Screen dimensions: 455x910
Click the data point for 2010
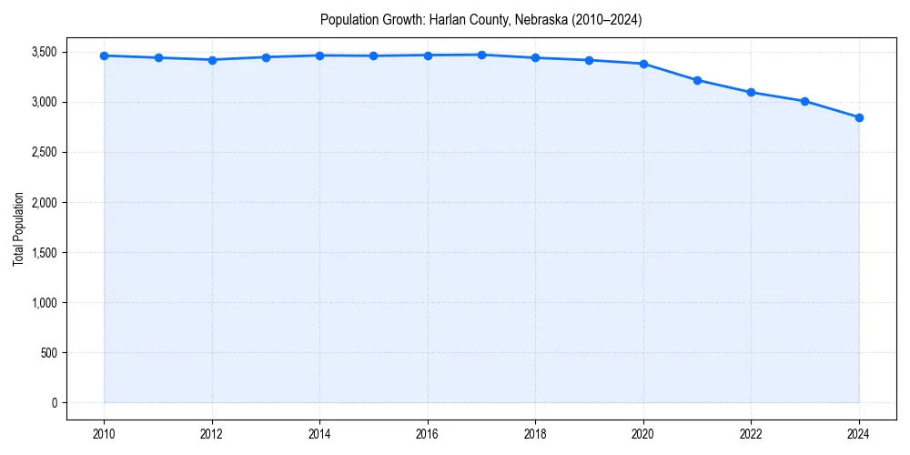[104, 56]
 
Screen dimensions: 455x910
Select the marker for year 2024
[859, 117]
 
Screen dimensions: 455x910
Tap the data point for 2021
[697, 80]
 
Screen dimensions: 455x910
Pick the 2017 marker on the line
[481, 55]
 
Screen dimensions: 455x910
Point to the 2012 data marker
[212, 60]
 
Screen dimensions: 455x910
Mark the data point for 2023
[805, 101]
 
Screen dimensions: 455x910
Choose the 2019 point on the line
[590, 60]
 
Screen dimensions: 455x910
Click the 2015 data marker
[374, 56]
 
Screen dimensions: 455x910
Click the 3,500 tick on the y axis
[42, 52]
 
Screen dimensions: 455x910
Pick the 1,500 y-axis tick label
[42, 252]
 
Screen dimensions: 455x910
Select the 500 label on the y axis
[47, 352]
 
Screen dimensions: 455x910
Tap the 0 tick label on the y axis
[53, 402]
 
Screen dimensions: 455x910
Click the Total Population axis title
[18, 228]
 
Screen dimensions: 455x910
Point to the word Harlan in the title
[446, 19]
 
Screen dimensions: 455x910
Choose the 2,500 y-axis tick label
[42, 152]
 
